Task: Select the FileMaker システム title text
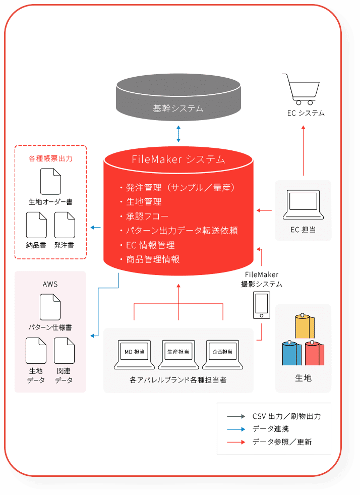[178, 159]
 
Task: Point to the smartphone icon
[261, 305]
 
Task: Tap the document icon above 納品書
[36, 225]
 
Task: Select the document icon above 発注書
[65, 225]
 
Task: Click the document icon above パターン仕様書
[50, 307]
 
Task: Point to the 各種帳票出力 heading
[50, 158]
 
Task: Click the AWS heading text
[50, 284]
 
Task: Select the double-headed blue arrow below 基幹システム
[178, 133]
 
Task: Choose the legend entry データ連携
[271, 429]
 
